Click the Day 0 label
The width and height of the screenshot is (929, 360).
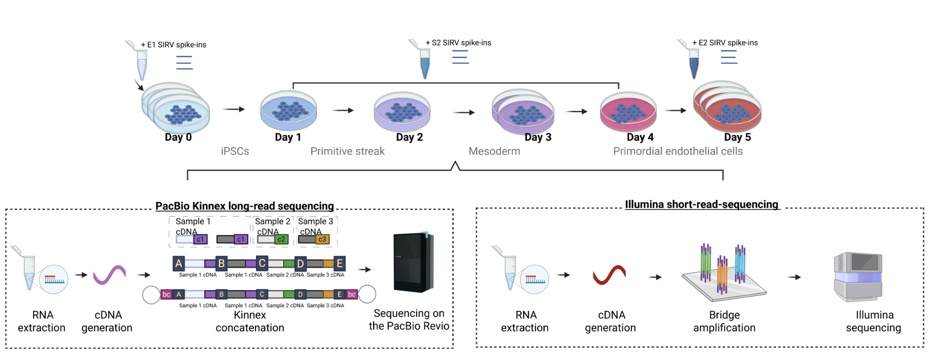pos(178,137)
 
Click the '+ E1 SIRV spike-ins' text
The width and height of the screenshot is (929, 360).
pos(174,45)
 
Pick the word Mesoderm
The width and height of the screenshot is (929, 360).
pos(494,151)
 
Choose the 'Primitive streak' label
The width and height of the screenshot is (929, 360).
pos(347,151)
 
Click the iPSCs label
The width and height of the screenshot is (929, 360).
pos(235,151)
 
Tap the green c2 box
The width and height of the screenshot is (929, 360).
pos(281,239)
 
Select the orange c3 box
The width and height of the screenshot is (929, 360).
pos(322,239)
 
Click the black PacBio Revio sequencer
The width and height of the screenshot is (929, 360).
pos(413,262)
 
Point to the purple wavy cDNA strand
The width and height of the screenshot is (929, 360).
pos(109,275)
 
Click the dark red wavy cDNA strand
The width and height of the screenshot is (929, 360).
pos(609,275)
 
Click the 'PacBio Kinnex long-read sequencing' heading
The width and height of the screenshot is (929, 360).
pos(244,206)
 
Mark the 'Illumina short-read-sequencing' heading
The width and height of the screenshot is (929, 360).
pos(701,205)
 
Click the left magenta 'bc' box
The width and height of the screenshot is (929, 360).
pos(166,294)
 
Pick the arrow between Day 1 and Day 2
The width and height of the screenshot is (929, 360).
pos(343,111)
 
